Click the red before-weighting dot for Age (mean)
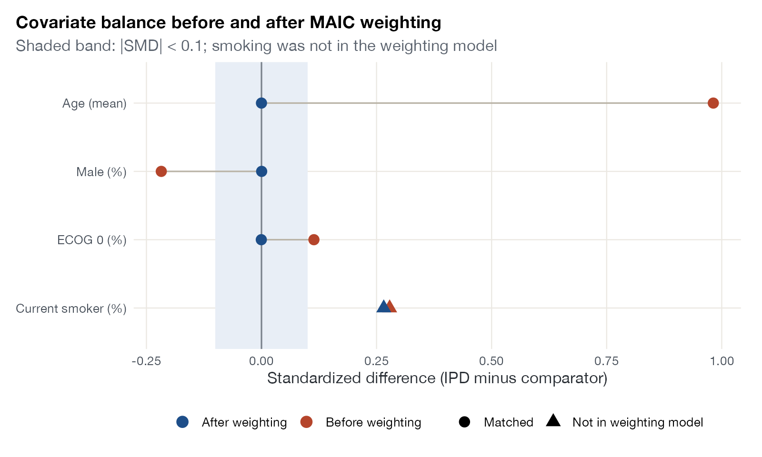click(713, 103)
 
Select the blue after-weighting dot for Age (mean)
click(261, 103)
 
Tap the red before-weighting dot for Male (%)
click(161, 171)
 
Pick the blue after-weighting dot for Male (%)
click(261, 171)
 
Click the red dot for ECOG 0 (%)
click(314, 240)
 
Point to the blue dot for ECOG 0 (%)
click(261, 240)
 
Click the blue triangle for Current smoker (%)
click(383, 307)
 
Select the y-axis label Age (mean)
click(94, 103)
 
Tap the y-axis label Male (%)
click(101, 172)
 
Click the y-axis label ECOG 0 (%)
click(92, 240)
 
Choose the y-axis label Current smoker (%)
click(71, 308)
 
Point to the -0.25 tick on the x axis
click(146, 361)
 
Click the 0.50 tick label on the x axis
click(491, 361)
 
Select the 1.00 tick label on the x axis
click(722, 361)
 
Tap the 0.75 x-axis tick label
click(607, 361)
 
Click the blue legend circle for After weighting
click(183, 422)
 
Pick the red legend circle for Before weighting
click(307, 422)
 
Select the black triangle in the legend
click(553, 421)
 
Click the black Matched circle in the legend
click(464, 422)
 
